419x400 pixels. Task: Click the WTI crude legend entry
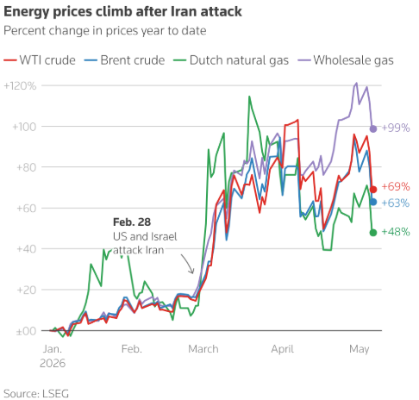click(40, 60)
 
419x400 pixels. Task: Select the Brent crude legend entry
click(124, 60)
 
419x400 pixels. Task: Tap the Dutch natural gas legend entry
click(231, 60)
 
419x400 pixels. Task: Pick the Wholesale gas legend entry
click(346, 60)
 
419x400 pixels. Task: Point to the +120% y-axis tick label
click(20, 85)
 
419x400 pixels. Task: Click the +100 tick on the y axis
click(24, 127)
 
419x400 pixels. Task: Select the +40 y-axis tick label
click(27, 249)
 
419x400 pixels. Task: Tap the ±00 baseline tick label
click(26, 331)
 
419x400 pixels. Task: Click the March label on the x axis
click(203, 349)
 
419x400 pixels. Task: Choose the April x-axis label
click(282, 349)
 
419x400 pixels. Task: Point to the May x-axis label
click(360, 350)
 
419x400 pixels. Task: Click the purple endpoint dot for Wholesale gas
click(373, 128)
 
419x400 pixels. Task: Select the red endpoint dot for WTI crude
click(373, 189)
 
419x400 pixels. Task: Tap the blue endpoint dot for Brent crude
click(373, 202)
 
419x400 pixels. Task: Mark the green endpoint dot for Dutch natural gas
click(373, 233)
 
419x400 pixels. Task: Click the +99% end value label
click(396, 128)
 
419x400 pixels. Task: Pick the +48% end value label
click(396, 232)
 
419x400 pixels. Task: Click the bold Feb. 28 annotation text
click(132, 222)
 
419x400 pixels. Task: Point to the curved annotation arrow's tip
click(192, 273)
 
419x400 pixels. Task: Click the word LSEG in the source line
click(56, 394)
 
